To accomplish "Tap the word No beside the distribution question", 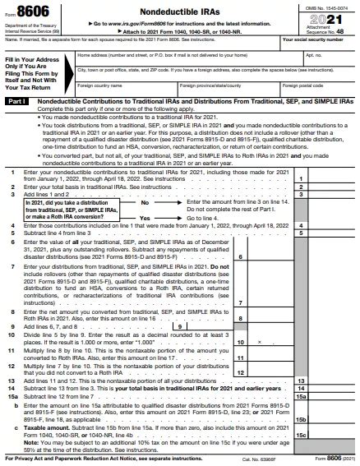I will coord(144,201).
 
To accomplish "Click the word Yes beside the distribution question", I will coord(145,217).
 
